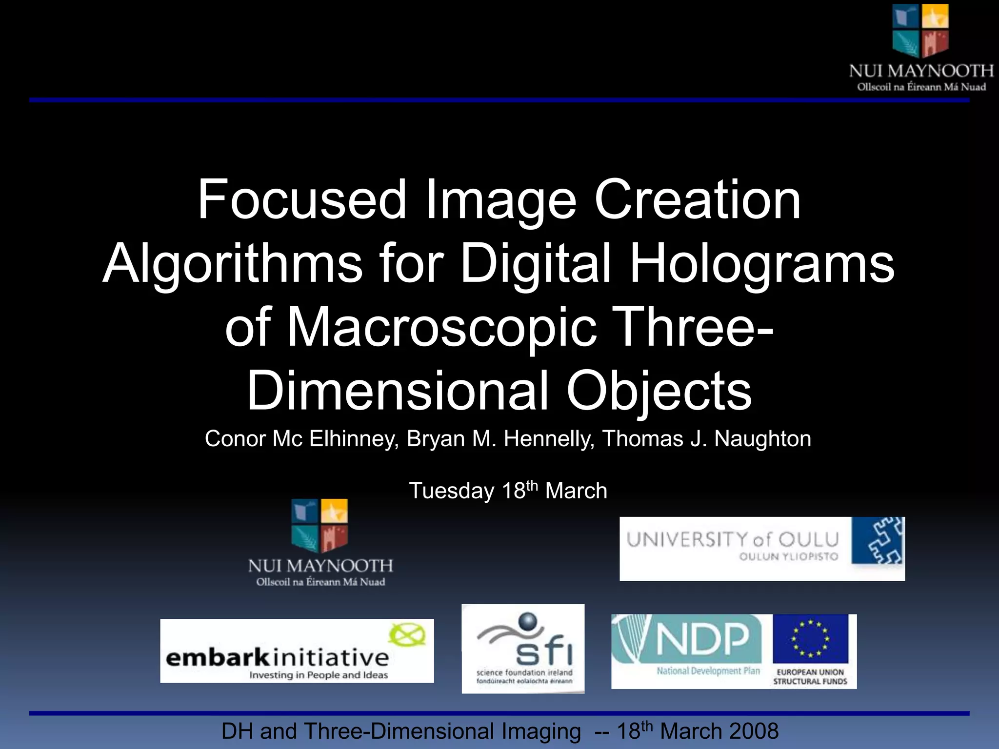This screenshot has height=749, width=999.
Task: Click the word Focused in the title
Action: click(301, 200)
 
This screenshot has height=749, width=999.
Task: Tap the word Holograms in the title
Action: click(762, 263)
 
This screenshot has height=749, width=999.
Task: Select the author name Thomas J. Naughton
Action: click(706, 439)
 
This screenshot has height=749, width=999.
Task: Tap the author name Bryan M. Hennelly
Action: click(500, 439)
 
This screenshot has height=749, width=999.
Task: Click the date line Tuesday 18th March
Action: click(508, 491)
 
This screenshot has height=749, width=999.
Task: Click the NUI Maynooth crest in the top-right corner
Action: click(920, 30)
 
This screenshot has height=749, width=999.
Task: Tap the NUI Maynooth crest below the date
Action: click(320, 525)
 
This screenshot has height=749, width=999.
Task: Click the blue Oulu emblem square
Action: click(878, 541)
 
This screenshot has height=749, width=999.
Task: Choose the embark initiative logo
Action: click(297, 651)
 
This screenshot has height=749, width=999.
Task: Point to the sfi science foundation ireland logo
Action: click(523, 649)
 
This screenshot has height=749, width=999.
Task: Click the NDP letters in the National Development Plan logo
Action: click(702, 639)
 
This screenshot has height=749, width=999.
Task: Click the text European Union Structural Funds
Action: click(810, 677)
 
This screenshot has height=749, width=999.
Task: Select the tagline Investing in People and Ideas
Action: click(319, 675)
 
